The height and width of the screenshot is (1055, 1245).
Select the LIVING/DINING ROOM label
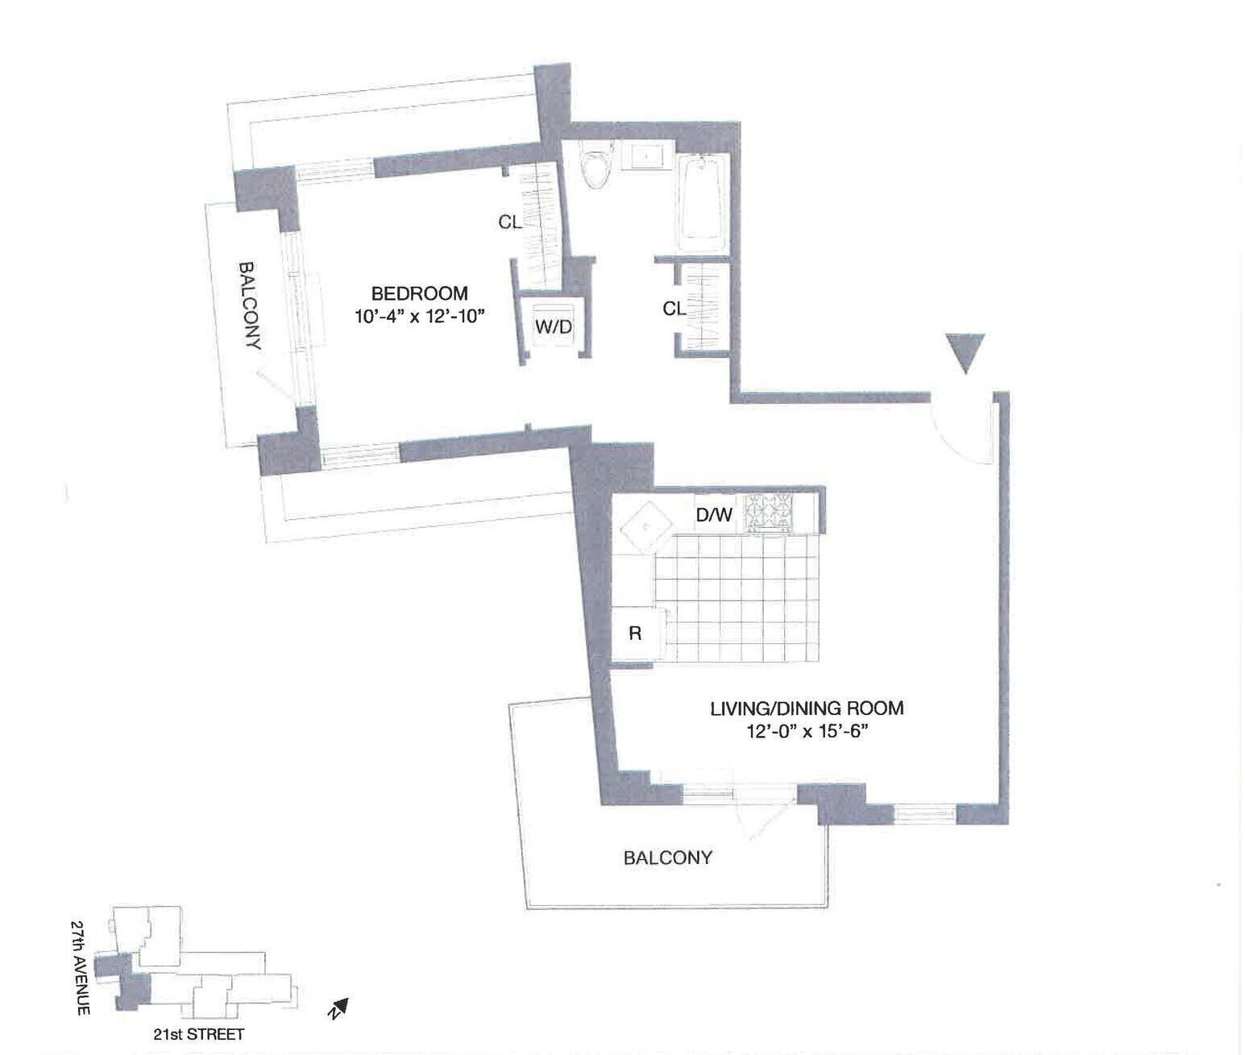click(x=806, y=708)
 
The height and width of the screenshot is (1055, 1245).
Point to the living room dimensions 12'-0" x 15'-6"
click(x=806, y=732)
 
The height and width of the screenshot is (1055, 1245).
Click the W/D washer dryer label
click(x=553, y=327)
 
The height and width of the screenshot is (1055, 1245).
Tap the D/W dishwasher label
click(x=714, y=514)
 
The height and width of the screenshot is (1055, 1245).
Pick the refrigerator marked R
click(x=635, y=633)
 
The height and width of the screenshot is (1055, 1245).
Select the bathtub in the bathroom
click(x=703, y=203)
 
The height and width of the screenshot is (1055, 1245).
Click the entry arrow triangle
click(x=965, y=352)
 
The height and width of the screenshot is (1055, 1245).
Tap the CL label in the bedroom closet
click(x=509, y=222)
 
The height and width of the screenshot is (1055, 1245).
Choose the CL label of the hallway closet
click(x=674, y=308)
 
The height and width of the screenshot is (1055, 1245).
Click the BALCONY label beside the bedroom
click(x=250, y=305)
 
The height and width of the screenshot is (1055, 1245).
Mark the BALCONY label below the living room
click(x=668, y=857)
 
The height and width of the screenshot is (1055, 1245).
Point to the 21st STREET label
click(x=198, y=1034)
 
